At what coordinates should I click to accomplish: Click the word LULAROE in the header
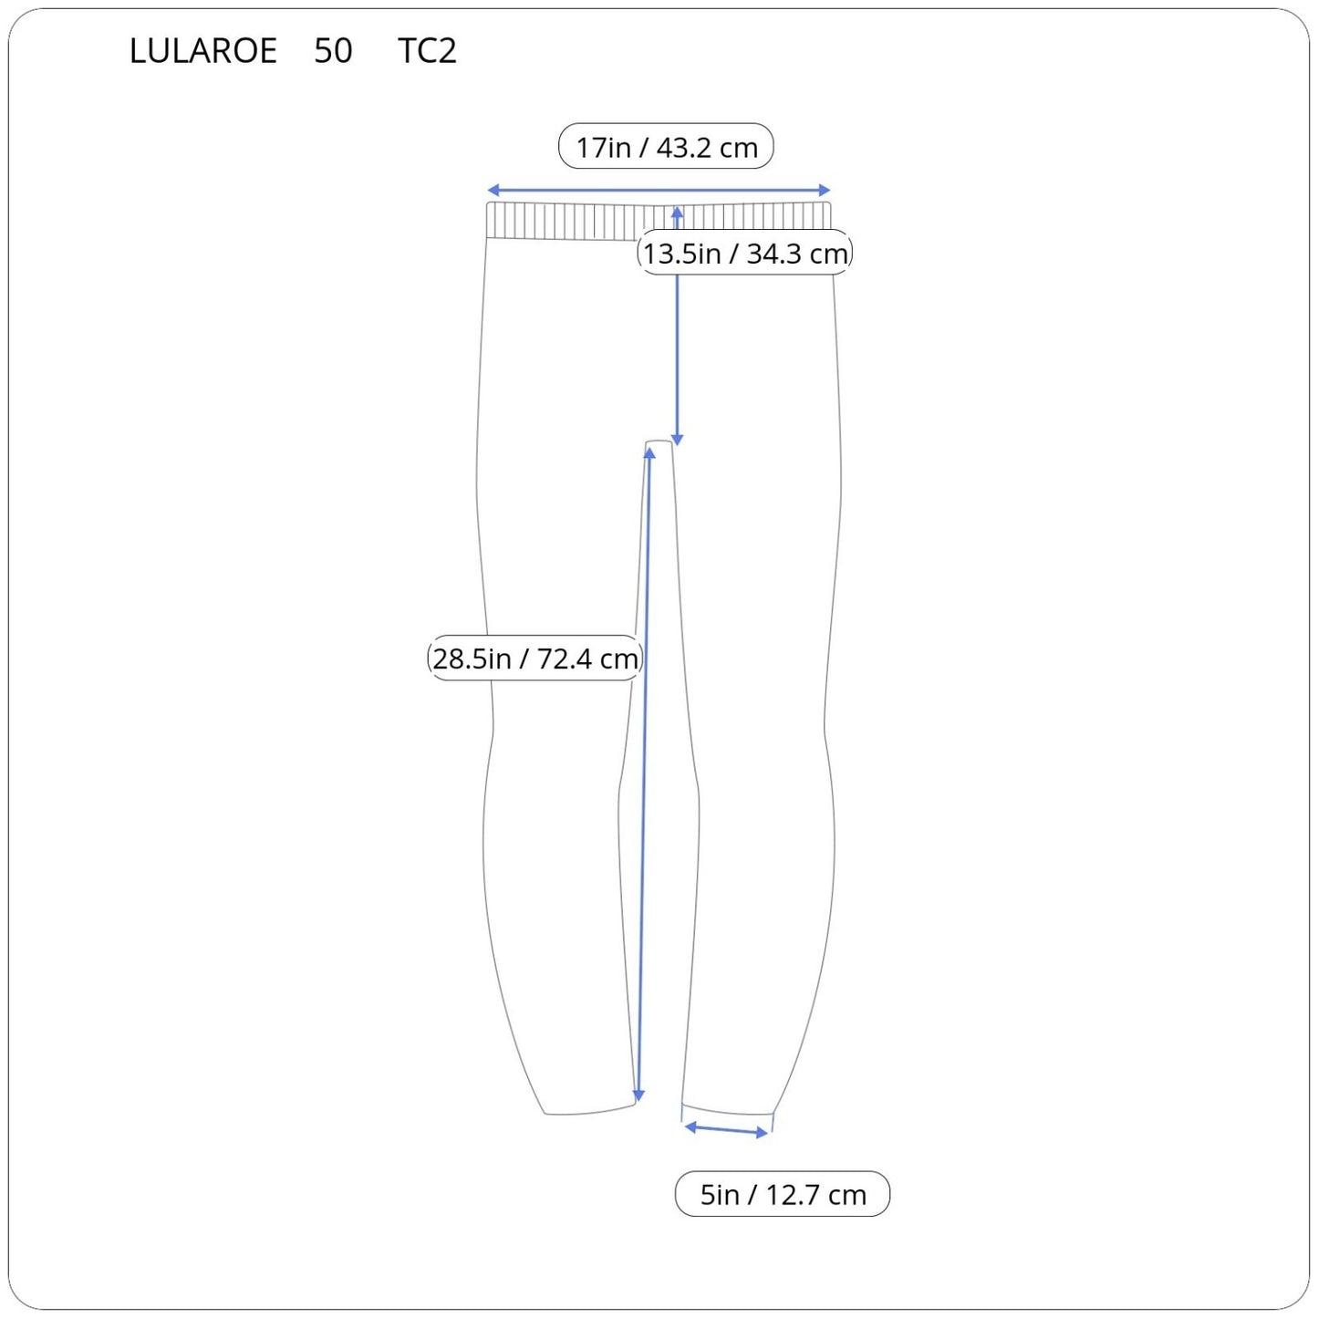(x=203, y=50)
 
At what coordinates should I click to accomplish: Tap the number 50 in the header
(x=333, y=50)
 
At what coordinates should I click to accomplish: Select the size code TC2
(x=427, y=50)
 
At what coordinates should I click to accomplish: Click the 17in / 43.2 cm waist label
(x=666, y=147)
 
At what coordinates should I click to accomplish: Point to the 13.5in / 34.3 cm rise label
(x=745, y=253)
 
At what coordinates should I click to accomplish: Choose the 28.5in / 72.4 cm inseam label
(x=534, y=659)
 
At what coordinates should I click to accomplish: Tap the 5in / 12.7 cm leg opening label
(x=783, y=1195)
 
